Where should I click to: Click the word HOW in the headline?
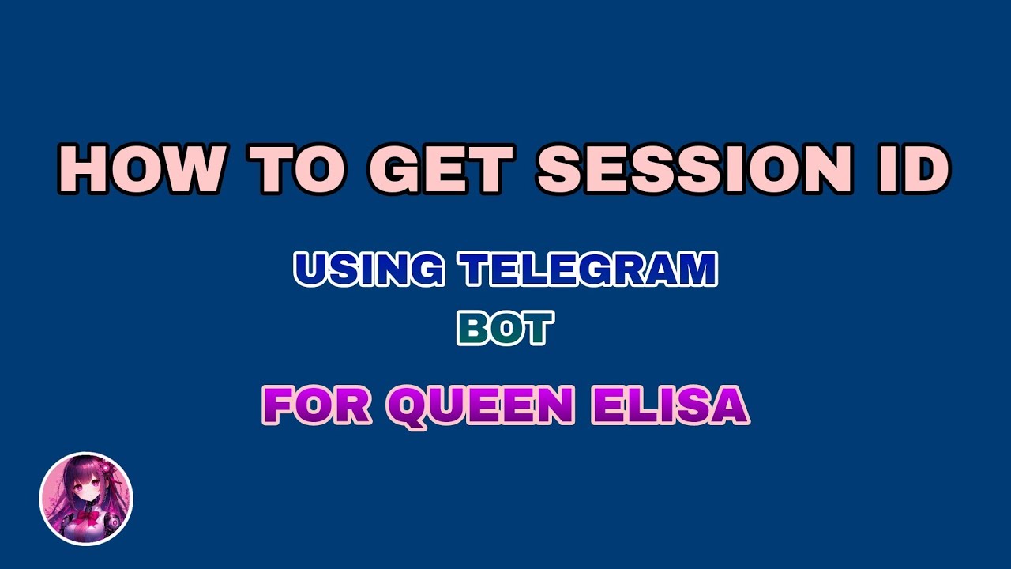[x=138, y=168]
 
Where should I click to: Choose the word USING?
[x=369, y=269]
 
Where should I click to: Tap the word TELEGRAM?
[x=590, y=269]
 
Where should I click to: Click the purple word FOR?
[x=317, y=405]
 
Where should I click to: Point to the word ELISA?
[x=671, y=405]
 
